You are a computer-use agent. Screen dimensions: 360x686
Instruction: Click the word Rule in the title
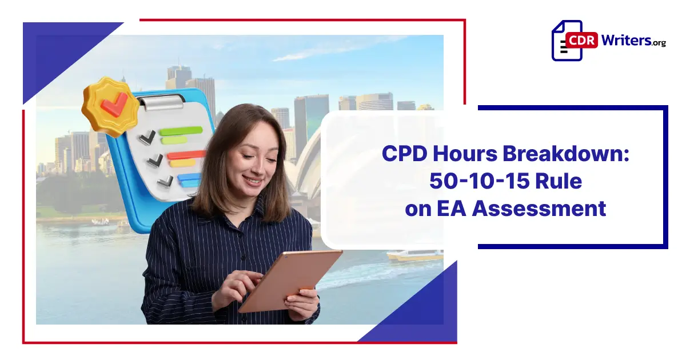click(562, 182)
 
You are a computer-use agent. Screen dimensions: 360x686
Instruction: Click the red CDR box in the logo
click(581, 41)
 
